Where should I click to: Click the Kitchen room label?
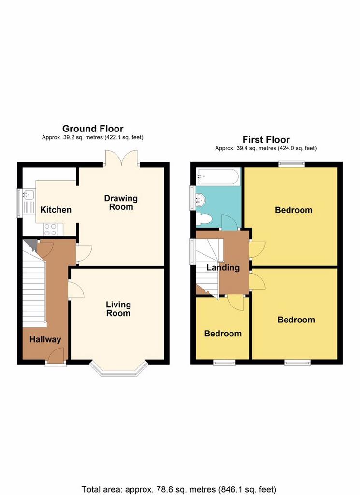[56, 210]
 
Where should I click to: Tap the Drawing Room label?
[121, 203]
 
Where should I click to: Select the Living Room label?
[118, 309]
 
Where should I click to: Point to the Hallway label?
[45, 340]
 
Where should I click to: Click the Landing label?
[223, 268]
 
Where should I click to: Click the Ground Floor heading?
[93, 129]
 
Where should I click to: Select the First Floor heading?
[266, 139]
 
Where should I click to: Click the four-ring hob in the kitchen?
[50, 230]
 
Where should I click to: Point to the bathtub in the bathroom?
[218, 176]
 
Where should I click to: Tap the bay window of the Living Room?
[119, 368]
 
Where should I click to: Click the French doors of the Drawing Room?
[121, 158]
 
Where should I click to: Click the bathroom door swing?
[230, 222]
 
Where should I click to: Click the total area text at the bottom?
[179, 489]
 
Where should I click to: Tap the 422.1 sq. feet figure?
[123, 137]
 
